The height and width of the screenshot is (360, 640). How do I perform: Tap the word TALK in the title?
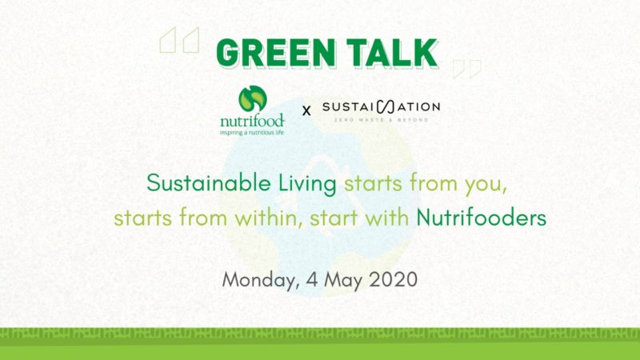(x=393, y=54)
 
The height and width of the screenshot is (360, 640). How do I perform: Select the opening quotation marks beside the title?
(x=179, y=40)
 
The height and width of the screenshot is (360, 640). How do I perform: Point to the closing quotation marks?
(x=467, y=69)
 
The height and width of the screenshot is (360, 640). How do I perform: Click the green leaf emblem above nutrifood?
(x=253, y=98)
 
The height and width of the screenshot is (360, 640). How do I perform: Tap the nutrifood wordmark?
(x=252, y=121)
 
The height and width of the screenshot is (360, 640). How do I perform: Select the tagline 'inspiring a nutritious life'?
(x=252, y=133)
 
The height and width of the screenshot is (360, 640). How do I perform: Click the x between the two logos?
(x=306, y=110)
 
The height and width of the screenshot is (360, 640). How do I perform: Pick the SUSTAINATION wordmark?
(x=382, y=107)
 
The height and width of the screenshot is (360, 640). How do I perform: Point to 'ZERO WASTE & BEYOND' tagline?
(x=382, y=120)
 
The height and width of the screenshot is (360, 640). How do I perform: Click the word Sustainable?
(x=209, y=182)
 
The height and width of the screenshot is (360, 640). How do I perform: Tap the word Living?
(x=307, y=183)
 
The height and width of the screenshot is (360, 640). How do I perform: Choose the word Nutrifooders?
(x=482, y=218)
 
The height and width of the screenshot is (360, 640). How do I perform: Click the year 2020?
(x=393, y=279)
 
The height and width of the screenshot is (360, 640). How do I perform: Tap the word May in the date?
(x=343, y=281)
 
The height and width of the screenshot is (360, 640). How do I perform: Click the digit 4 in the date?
(x=311, y=279)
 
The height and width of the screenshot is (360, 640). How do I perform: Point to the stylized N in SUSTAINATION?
(x=386, y=107)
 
